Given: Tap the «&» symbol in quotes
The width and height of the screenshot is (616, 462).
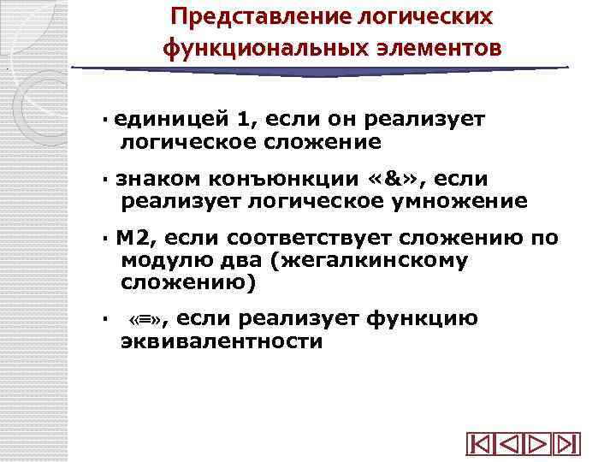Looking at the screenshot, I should point(390,179).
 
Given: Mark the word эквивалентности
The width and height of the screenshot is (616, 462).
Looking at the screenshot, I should point(222,342).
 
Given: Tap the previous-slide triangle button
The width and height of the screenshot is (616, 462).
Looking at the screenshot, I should point(509,445).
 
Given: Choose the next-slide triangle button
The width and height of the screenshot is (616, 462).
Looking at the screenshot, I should point(537,445).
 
